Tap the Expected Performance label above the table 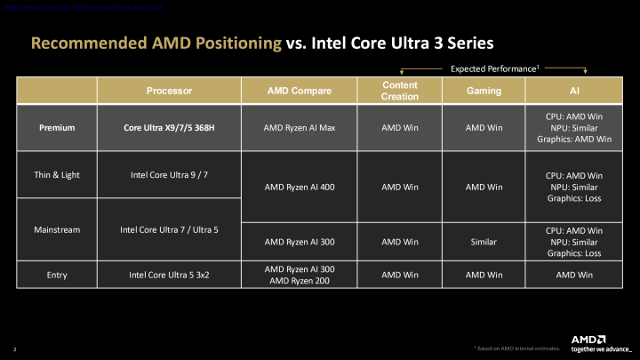494,68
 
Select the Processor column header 169,91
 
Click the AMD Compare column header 299,91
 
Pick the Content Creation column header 399,91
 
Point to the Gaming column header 484,91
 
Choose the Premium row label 57,127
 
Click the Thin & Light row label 57,174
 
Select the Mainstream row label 57,229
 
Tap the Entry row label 57,275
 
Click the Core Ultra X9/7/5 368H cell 169,127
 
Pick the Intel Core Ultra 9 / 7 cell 169,174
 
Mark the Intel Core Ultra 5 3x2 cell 169,275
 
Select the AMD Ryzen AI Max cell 299,127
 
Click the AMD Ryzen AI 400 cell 299,188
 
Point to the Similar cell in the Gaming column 484,241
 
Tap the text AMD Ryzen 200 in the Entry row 299,281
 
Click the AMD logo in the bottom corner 588,339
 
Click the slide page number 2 15,348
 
